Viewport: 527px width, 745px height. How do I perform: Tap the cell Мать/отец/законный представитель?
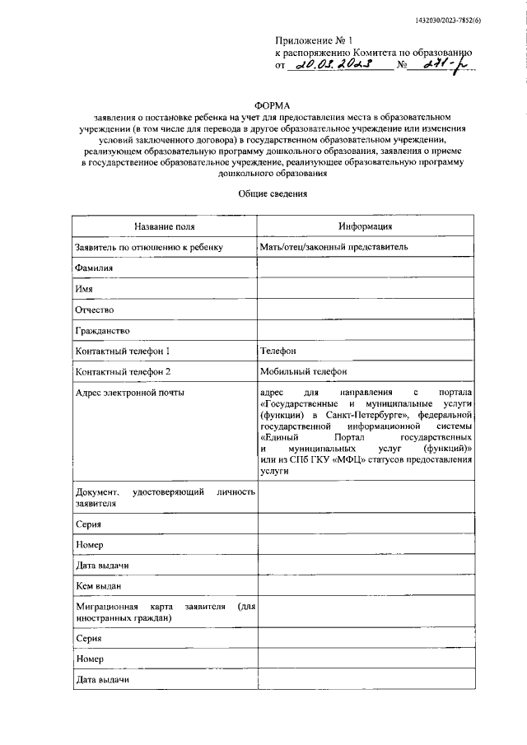click(333, 247)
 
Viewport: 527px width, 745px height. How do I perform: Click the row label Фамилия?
click(93, 268)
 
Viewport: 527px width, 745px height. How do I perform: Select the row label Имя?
click(83, 289)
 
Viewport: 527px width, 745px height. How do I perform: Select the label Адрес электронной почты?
click(129, 393)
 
